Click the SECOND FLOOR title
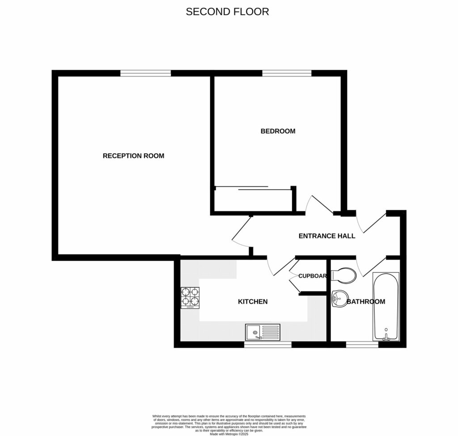[x=227, y=12]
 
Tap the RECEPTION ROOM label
[x=133, y=156]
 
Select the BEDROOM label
[x=278, y=131]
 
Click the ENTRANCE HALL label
[x=327, y=236]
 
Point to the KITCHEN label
[x=252, y=302]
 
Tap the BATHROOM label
[x=366, y=302]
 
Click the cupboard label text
[x=313, y=276]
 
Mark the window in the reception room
[x=145, y=73]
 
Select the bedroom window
[x=286, y=73]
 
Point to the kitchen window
[x=268, y=345]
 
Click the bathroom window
[x=362, y=345]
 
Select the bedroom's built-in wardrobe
[x=253, y=199]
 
